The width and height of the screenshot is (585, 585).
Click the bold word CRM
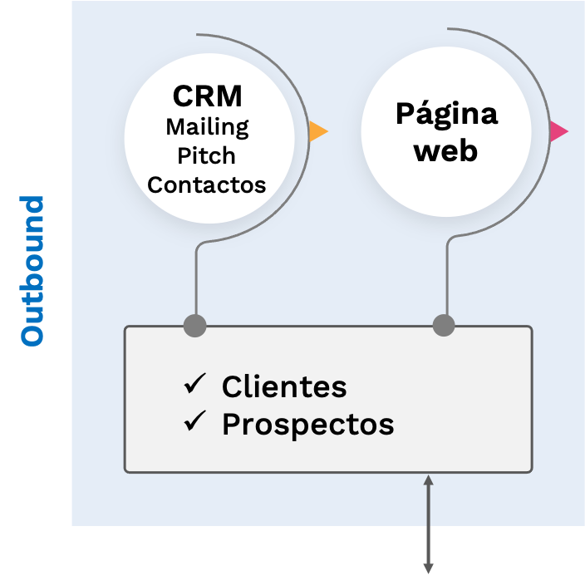(x=208, y=96)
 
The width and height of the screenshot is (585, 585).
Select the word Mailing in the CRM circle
(x=207, y=127)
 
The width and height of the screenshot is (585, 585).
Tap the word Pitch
(x=207, y=155)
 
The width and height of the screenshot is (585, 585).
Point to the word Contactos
(x=207, y=184)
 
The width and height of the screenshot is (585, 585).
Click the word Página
(x=446, y=114)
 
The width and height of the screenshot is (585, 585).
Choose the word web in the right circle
(x=446, y=151)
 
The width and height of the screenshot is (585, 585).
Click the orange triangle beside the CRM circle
(x=317, y=131)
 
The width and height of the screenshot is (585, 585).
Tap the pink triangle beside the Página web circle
(x=558, y=130)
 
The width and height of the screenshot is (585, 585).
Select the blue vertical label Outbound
(x=32, y=270)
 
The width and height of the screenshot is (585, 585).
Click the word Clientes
(x=284, y=386)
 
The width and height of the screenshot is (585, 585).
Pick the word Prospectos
(x=307, y=425)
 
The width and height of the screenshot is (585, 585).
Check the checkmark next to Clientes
(x=195, y=384)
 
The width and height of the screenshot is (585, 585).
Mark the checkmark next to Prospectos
(x=195, y=422)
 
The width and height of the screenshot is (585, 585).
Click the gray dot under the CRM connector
(x=194, y=326)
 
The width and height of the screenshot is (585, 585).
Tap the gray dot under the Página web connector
(x=444, y=326)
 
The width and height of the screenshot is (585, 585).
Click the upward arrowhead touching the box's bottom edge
(x=428, y=479)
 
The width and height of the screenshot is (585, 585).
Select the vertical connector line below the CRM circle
(x=195, y=283)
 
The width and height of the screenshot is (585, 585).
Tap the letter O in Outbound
(x=32, y=334)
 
